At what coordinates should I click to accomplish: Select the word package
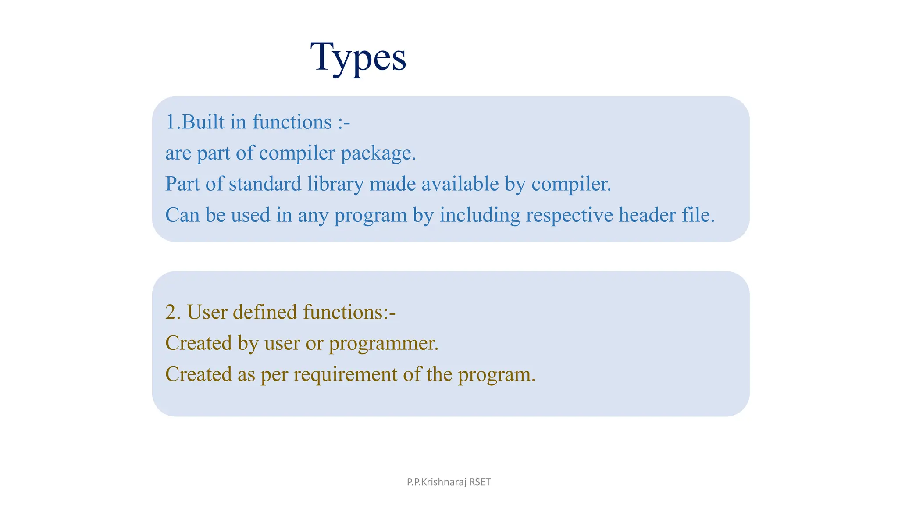(x=378, y=153)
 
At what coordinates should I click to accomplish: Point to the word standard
(x=265, y=184)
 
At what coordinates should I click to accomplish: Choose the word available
(x=460, y=184)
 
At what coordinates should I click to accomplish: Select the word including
(x=480, y=215)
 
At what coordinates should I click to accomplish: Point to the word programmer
(x=383, y=343)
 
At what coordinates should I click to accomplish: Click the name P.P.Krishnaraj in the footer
(x=436, y=482)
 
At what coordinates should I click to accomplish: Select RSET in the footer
(x=480, y=482)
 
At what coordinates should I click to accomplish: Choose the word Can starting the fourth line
(x=182, y=215)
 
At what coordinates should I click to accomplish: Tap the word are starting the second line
(x=178, y=153)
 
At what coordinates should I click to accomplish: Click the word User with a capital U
(x=207, y=312)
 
